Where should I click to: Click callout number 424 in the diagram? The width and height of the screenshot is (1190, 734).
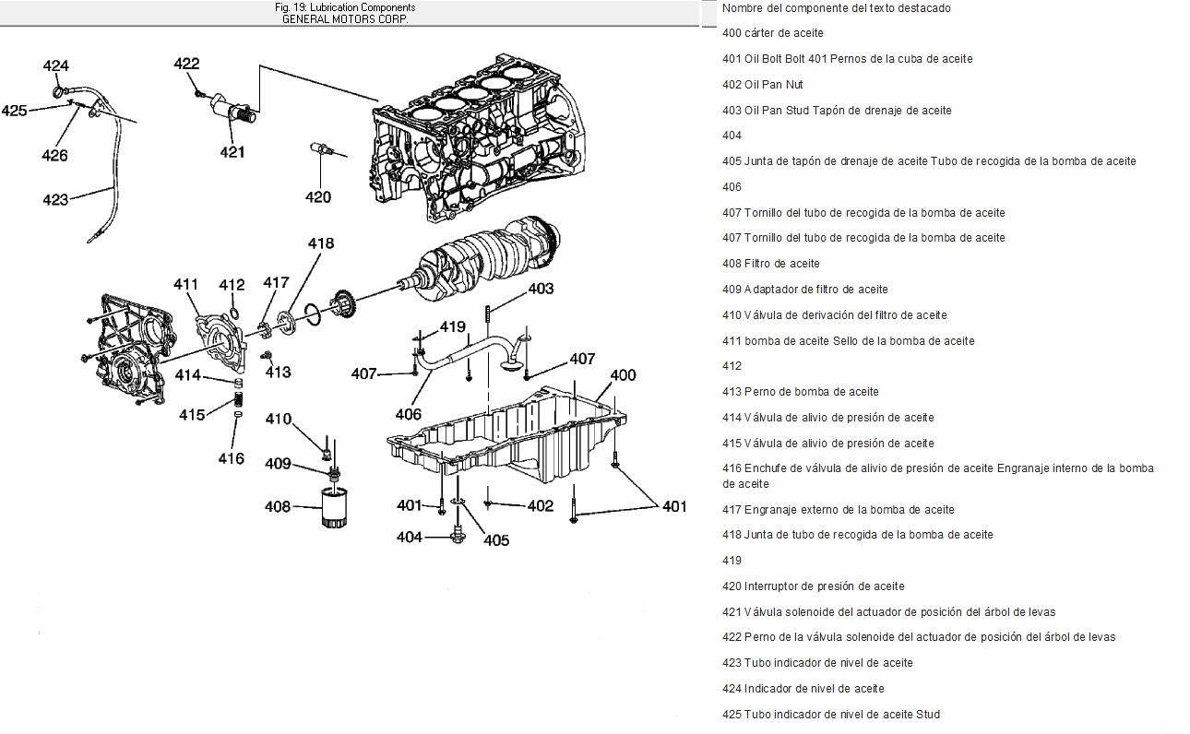[55, 66]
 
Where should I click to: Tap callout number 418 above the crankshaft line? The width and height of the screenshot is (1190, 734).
[321, 244]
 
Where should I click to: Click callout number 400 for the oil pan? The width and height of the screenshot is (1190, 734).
[624, 375]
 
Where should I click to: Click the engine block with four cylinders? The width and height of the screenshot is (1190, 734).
[480, 148]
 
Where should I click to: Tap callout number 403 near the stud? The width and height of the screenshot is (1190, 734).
[541, 289]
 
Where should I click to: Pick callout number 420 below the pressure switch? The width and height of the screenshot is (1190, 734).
[318, 196]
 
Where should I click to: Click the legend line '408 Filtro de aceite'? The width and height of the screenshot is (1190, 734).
[771, 264]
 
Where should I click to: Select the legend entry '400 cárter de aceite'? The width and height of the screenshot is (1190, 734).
[773, 33]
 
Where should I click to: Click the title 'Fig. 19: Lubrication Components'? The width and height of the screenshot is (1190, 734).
[345, 7]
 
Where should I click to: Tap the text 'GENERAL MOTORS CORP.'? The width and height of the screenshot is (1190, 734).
[345, 18]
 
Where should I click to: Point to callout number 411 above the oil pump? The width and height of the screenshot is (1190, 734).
[186, 284]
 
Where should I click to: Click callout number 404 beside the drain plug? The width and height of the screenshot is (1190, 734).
[410, 537]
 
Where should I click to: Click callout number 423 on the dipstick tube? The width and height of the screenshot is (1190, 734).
[55, 199]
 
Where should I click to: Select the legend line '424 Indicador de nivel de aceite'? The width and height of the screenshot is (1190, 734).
[803, 689]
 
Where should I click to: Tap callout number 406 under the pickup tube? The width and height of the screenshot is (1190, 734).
[409, 415]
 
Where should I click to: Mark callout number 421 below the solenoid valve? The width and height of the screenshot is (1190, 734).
[232, 152]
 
